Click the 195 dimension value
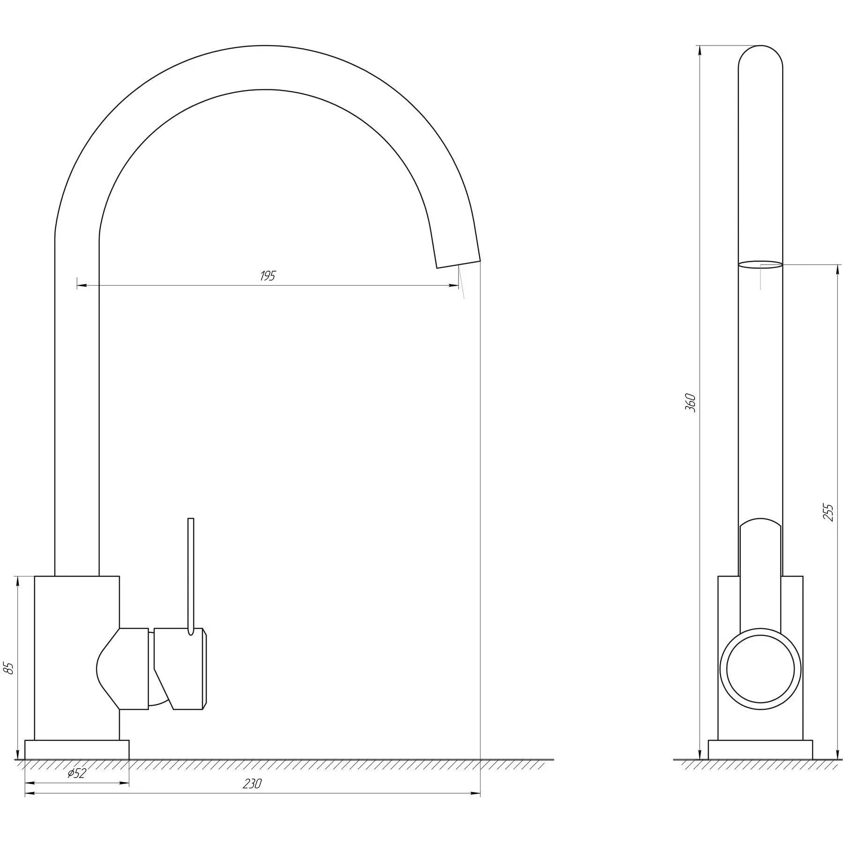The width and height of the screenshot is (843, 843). (268, 276)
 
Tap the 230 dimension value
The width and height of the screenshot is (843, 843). (252, 784)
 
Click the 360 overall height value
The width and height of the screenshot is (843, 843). (690, 403)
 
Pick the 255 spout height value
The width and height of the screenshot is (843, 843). (828, 512)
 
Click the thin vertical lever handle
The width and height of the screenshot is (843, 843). (190, 577)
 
